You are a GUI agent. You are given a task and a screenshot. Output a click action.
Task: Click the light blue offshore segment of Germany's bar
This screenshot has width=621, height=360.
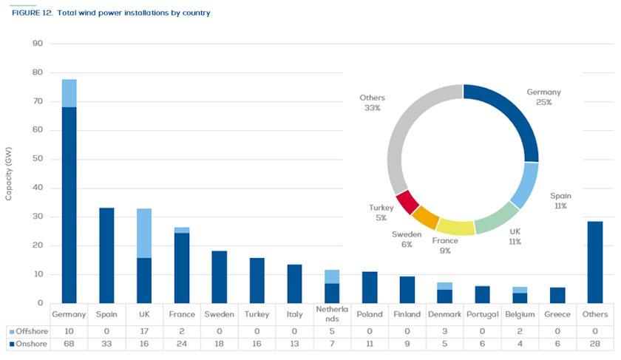(x=69, y=93)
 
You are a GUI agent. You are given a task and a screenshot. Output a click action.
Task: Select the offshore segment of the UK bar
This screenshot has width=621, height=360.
(x=144, y=233)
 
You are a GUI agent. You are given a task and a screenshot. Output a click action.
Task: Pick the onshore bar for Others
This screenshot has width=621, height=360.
(x=595, y=262)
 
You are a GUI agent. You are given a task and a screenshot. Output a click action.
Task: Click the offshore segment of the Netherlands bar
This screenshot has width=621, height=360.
(x=332, y=277)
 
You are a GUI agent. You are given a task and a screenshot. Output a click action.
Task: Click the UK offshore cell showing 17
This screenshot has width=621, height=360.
(x=144, y=333)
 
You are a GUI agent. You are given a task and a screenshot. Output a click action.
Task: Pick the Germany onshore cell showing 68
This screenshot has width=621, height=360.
(x=69, y=344)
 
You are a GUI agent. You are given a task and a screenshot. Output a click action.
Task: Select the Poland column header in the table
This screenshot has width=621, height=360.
(x=370, y=314)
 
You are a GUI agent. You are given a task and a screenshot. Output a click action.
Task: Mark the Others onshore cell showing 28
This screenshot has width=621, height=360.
(x=595, y=344)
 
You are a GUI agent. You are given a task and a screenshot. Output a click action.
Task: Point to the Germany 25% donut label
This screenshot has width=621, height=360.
(x=543, y=97)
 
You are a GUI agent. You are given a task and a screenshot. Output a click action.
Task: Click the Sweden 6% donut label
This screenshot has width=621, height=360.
(x=407, y=239)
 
